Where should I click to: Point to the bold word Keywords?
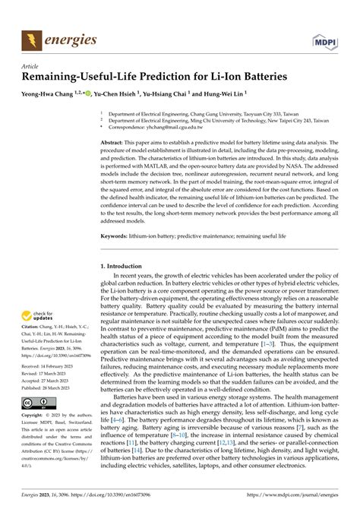115,236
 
